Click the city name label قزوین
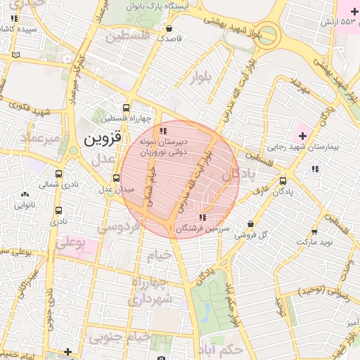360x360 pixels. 103,139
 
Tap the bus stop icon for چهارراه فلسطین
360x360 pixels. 126,108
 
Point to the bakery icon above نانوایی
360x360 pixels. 25,195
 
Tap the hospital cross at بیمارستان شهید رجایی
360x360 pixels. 302,134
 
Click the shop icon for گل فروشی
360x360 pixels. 250,224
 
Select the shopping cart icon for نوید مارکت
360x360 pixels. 314,231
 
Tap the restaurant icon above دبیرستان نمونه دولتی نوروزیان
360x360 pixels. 163,131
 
